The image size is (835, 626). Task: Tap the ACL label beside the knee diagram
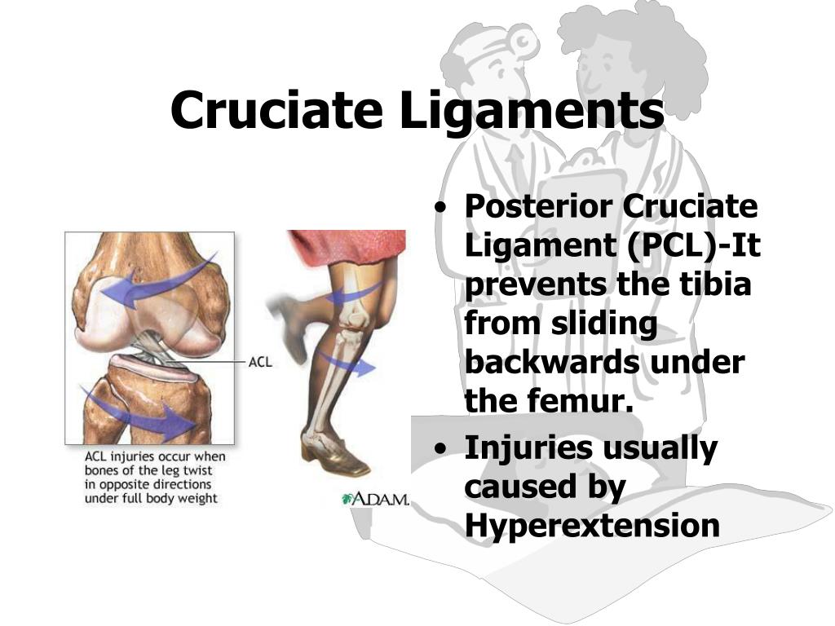(x=260, y=362)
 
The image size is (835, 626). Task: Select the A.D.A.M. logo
(x=375, y=500)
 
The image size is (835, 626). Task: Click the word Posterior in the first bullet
(x=538, y=206)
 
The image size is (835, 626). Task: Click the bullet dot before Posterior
(x=440, y=208)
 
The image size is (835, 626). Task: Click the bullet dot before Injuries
(x=440, y=449)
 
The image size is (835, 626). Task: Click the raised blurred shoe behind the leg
(x=288, y=324)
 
